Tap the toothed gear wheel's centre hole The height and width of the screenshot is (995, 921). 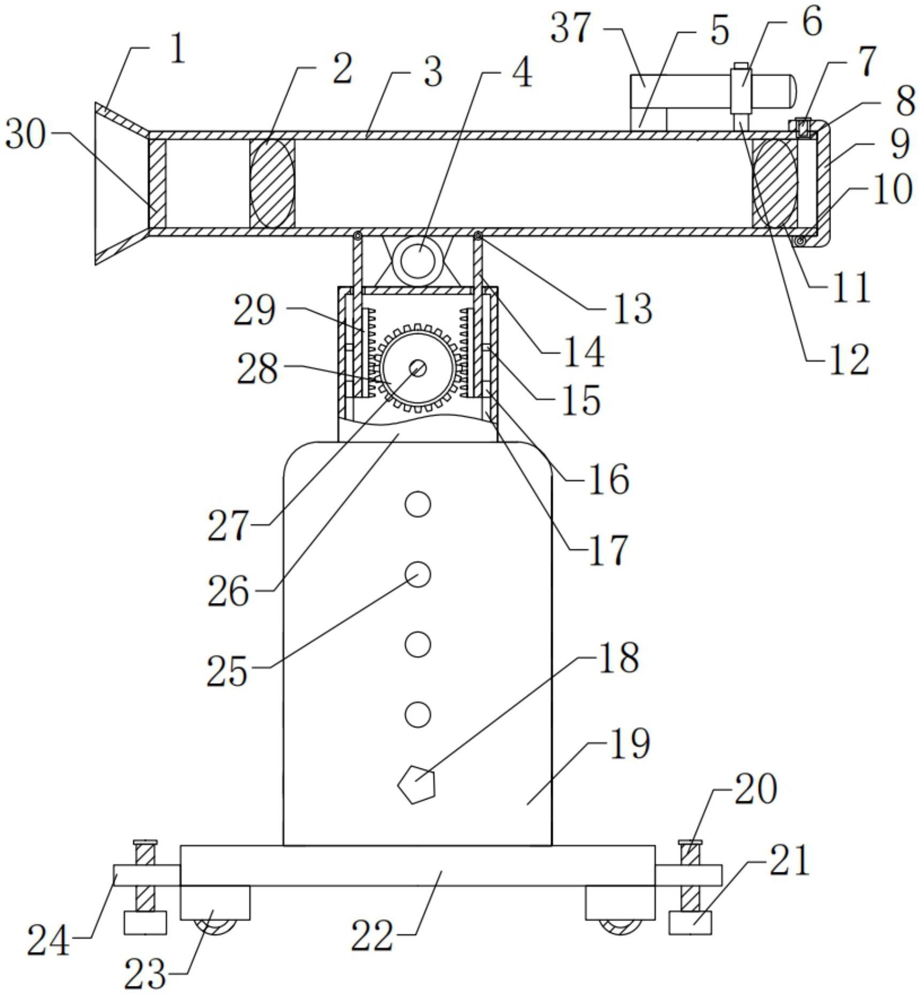tap(418, 367)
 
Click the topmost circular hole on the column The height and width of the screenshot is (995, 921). tap(418, 504)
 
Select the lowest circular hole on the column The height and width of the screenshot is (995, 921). tap(418, 714)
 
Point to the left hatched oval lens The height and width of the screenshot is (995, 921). tap(272, 183)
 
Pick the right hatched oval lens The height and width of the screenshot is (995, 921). tap(775, 183)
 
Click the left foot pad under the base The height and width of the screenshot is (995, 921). tap(145, 923)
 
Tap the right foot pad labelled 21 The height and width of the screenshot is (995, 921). tap(690, 923)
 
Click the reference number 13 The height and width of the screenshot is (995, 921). tap(632, 308)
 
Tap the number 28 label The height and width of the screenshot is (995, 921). tap(258, 369)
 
